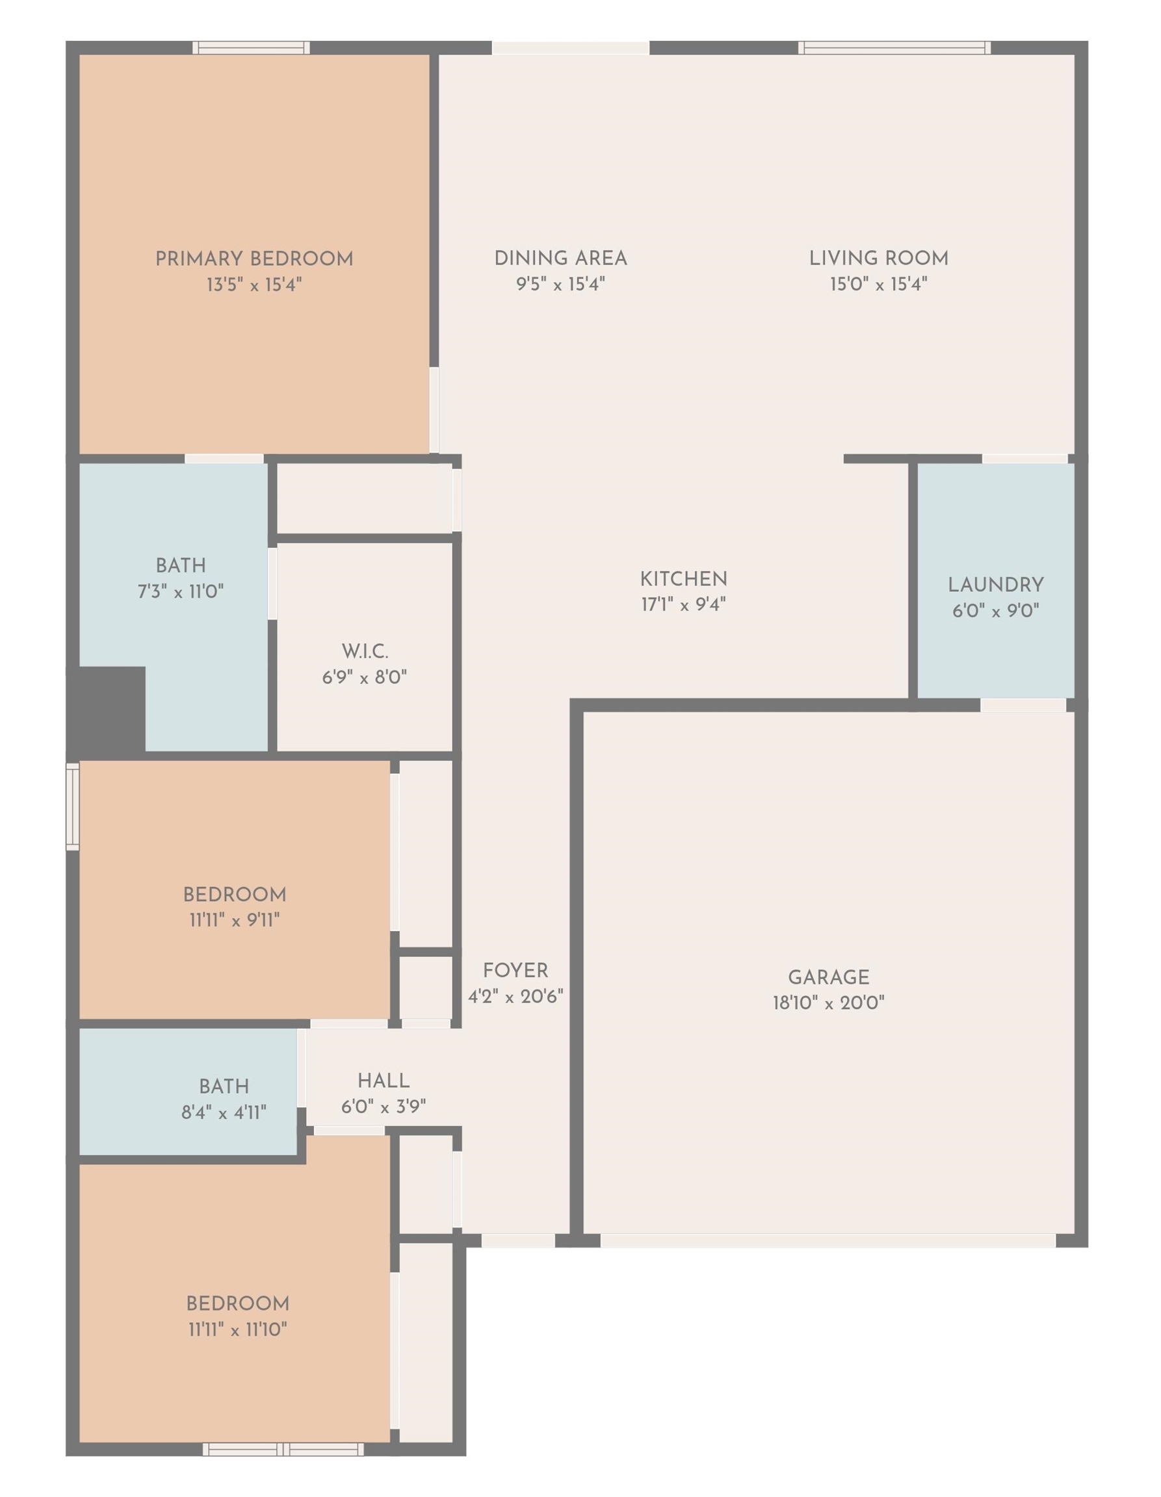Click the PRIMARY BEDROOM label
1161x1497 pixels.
(x=254, y=259)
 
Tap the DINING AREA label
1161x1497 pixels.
(x=561, y=259)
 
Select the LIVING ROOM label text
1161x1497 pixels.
(x=879, y=259)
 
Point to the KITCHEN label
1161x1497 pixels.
(x=684, y=579)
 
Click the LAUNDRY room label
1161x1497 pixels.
(x=996, y=585)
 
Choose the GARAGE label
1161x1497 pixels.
(x=828, y=977)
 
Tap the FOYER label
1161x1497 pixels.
(x=515, y=971)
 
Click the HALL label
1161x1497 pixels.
(x=384, y=1081)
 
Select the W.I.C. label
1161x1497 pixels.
(x=365, y=651)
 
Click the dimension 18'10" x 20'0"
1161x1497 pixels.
(x=828, y=1003)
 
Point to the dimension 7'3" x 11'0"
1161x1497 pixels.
(x=181, y=591)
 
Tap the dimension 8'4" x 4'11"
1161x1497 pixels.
(x=224, y=1112)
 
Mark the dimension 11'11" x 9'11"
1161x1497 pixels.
(x=235, y=920)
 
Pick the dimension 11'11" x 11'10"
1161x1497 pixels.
(x=238, y=1329)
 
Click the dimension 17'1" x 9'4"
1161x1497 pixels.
(x=684, y=604)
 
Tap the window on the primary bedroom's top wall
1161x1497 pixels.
(x=251, y=47)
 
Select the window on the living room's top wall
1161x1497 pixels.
(x=894, y=47)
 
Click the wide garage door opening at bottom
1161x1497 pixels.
(x=828, y=1240)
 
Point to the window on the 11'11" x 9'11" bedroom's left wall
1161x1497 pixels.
(x=73, y=807)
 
